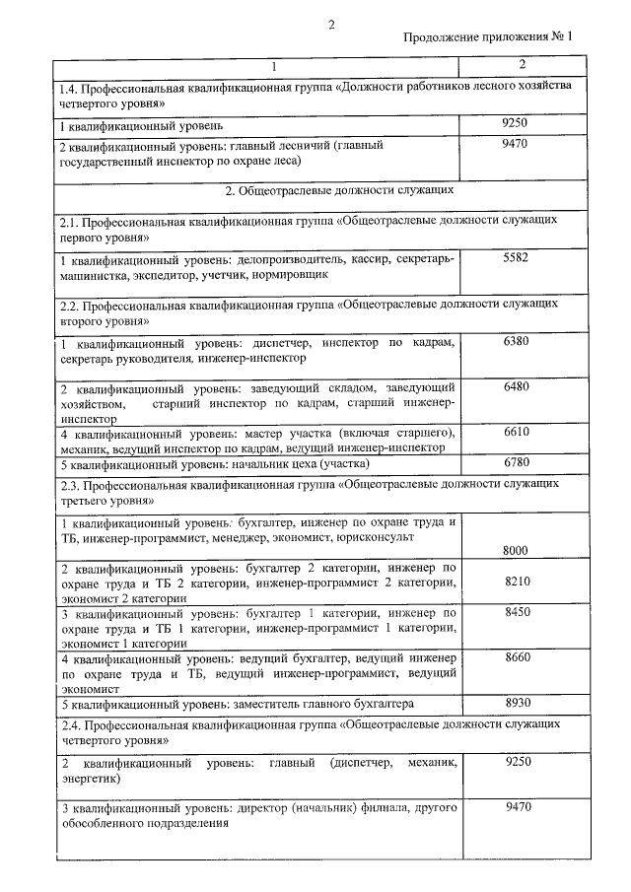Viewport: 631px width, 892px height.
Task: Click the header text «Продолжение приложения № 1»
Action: click(488, 36)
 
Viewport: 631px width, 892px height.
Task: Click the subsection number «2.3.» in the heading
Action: click(70, 485)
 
